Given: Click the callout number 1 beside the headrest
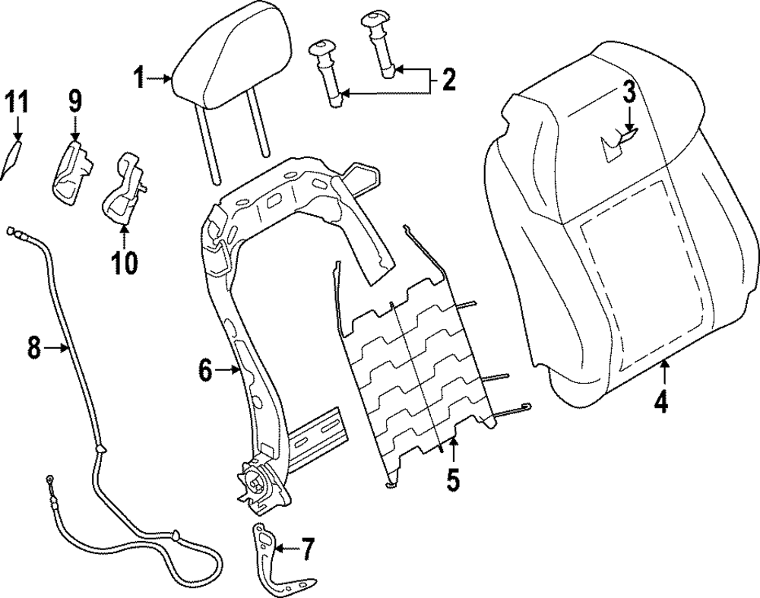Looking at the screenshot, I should [x=139, y=77].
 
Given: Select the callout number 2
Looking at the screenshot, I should [x=448, y=79].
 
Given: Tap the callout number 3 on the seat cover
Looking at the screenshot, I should [x=629, y=93].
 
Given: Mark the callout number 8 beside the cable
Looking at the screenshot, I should [x=33, y=348].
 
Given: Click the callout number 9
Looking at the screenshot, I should [x=74, y=101].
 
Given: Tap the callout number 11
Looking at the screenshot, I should [x=17, y=101].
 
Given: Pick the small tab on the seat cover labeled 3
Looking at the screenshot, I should [x=619, y=141].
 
